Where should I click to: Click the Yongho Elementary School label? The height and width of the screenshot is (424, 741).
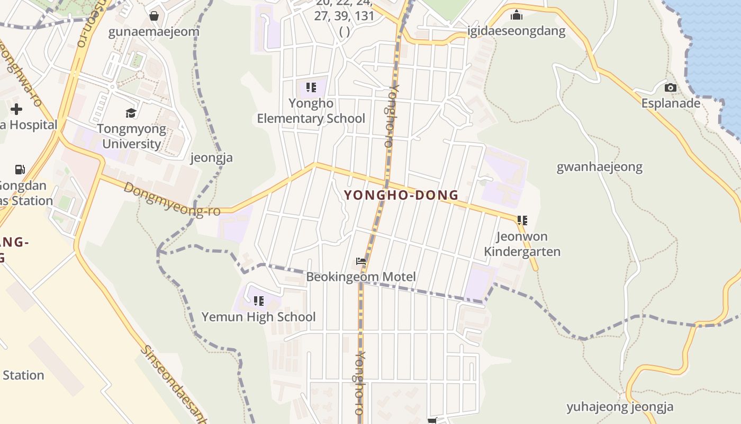tap(311, 111)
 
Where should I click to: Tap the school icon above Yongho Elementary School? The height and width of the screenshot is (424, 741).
tap(311, 87)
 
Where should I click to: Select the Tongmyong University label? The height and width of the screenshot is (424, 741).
tap(131, 137)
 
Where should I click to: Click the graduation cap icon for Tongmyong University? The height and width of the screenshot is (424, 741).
tap(131, 113)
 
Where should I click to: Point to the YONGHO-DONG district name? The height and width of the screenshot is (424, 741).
tap(401, 195)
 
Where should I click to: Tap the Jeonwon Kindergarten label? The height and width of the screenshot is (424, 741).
tap(522, 244)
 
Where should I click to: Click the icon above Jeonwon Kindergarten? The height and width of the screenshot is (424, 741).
tap(522, 220)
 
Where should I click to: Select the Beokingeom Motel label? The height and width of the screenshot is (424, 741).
tap(361, 277)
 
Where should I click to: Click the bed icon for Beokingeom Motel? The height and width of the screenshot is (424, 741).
tap(361, 261)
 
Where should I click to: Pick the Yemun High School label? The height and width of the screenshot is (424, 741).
tap(258, 317)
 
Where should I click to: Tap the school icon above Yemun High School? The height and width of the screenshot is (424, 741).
tap(258, 301)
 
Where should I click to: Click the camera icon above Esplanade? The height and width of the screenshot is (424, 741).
tap(671, 87)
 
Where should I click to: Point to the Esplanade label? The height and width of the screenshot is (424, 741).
tap(671, 103)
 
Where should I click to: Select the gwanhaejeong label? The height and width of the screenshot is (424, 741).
tap(599, 167)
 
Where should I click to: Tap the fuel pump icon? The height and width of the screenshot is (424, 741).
tap(20, 170)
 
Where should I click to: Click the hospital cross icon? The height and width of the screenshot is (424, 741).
tap(16, 109)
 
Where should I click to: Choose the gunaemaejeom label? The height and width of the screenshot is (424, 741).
tap(153, 32)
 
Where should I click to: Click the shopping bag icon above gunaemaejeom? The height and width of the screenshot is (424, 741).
tap(154, 16)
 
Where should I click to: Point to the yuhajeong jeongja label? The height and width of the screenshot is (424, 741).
tap(620, 407)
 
